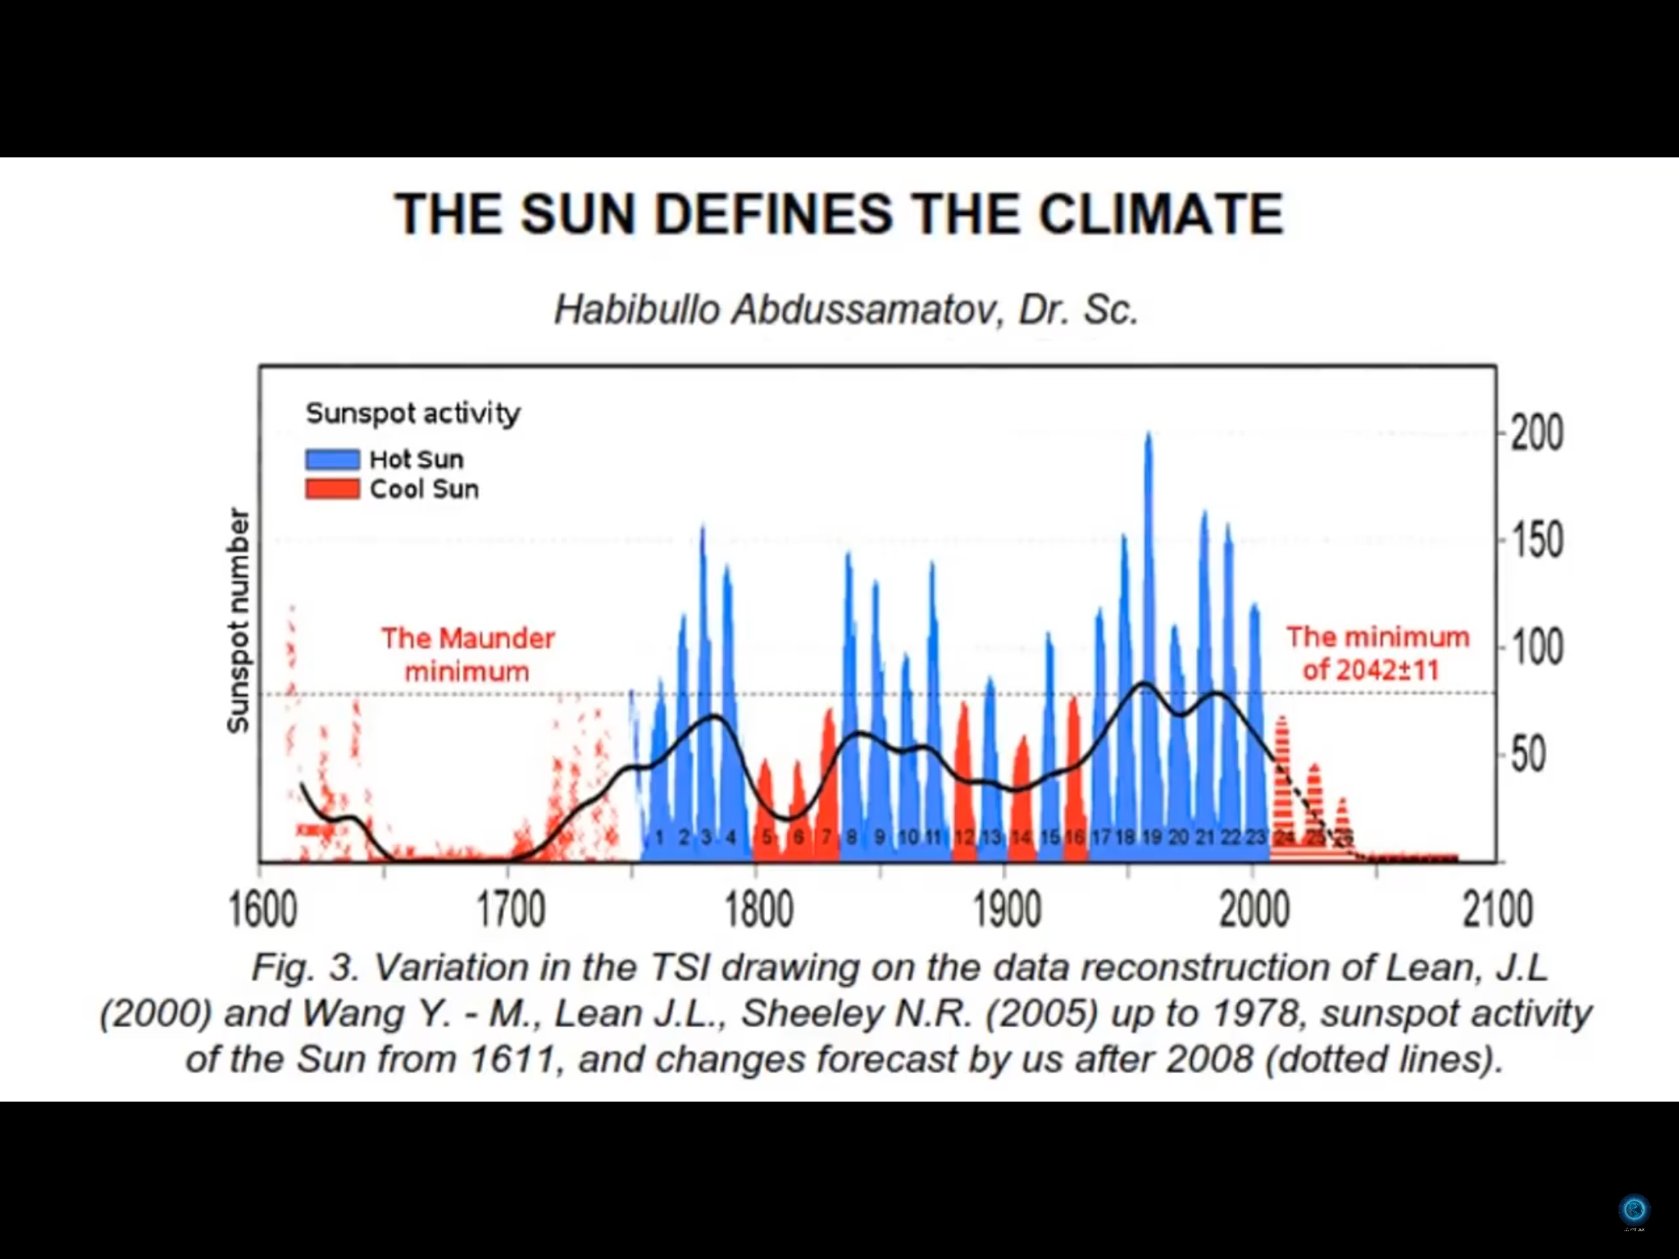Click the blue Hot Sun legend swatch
point(332,459)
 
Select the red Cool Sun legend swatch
point(332,489)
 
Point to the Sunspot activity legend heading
point(413,413)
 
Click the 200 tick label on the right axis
point(1537,433)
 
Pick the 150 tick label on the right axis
point(1537,540)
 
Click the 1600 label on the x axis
point(262,910)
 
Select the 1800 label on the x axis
point(759,910)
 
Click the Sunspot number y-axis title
point(238,620)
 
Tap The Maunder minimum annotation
point(467,654)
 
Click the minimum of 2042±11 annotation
point(1377,653)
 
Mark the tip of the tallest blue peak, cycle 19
point(1149,434)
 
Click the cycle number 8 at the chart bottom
point(853,838)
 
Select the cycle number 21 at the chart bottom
point(1204,838)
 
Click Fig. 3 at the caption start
point(305,967)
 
